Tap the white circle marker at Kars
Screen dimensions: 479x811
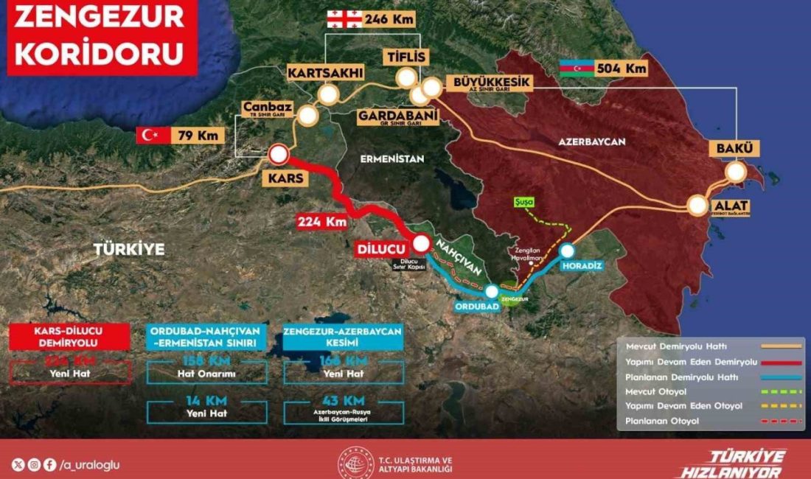pos(279,154)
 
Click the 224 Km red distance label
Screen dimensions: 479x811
pos(321,220)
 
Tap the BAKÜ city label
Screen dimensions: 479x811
pos(734,149)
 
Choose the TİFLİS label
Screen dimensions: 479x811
pos(405,57)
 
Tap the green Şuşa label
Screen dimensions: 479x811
pos(524,201)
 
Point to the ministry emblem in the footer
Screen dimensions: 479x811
pos(355,462)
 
